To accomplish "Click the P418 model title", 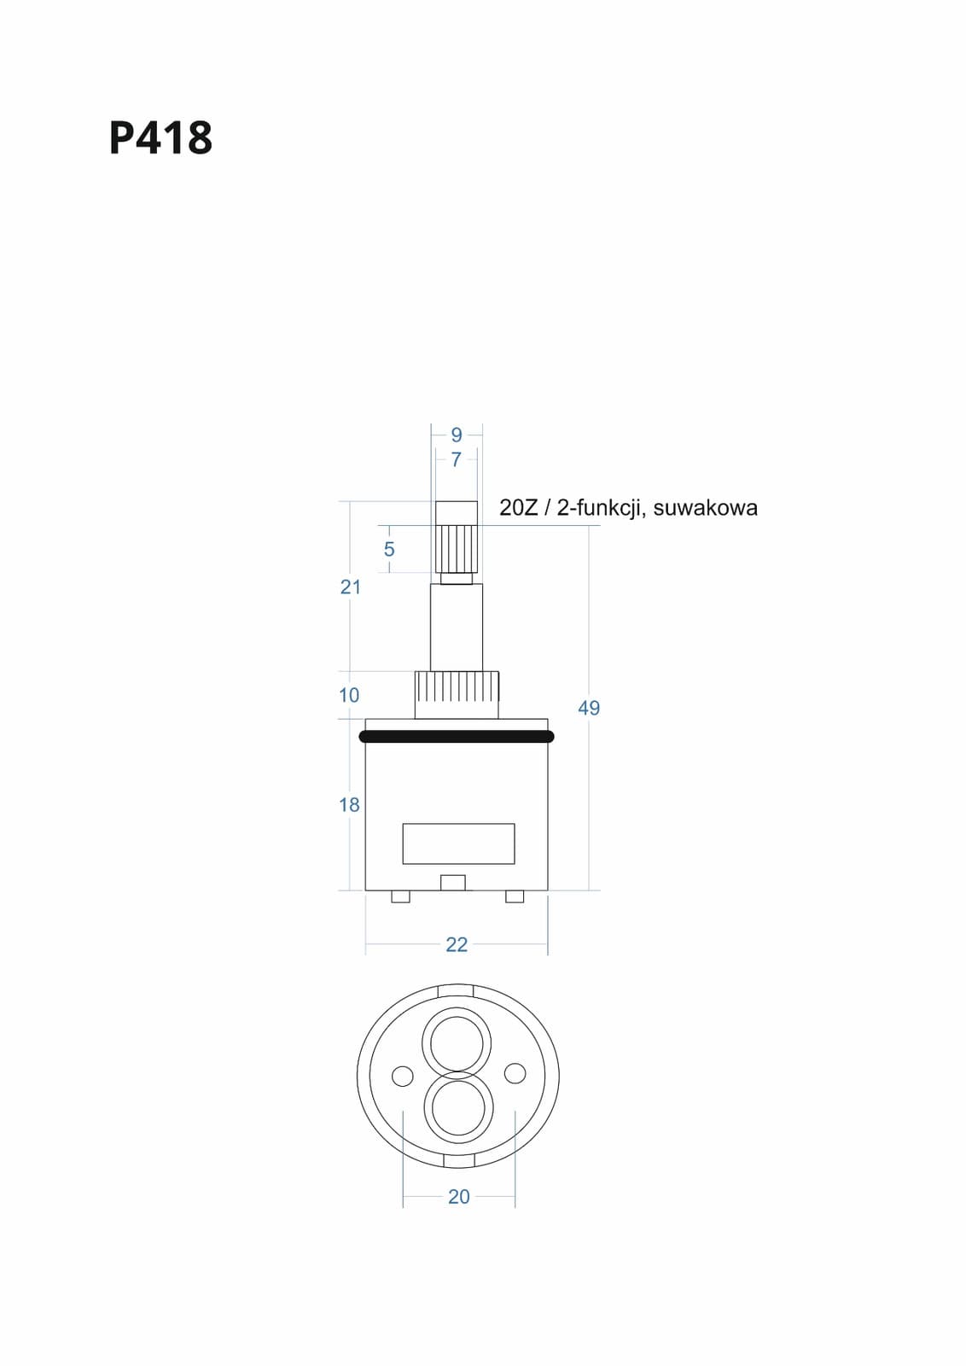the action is pyautogui.click(x=161, y=137).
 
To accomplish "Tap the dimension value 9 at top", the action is pyautogui.click(x=457, y=435).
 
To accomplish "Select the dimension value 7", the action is pyautogui.click(x=457, y=459).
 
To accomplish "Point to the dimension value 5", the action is pyautogui.click(x=389, y=549).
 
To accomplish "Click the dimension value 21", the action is pyautogui.click(x=351, y=587).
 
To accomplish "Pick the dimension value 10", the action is pyautogui.click(x=349, y=695).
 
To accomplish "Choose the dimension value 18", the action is pyautogui.click(x=349, y=805).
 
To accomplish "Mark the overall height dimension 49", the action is pyautogui.click(x=589, y=708).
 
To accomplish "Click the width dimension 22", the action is pyautogui.click(x=457, y=944).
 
